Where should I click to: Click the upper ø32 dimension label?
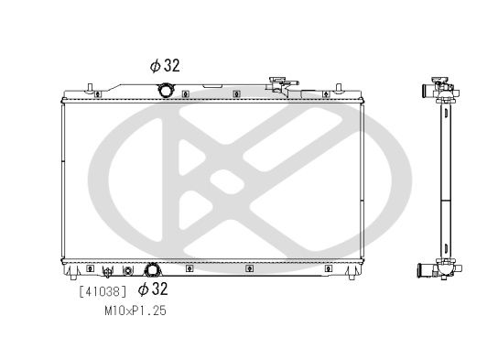(166, 65)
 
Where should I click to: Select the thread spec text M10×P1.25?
(135, 311)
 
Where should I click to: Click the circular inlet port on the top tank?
(166, 90)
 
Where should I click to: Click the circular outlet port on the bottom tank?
(153, 270)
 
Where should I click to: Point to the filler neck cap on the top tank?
(282, 84)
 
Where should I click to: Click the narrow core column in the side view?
(446, 179)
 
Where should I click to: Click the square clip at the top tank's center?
(236, 93)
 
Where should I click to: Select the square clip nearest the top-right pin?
(322, 93)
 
